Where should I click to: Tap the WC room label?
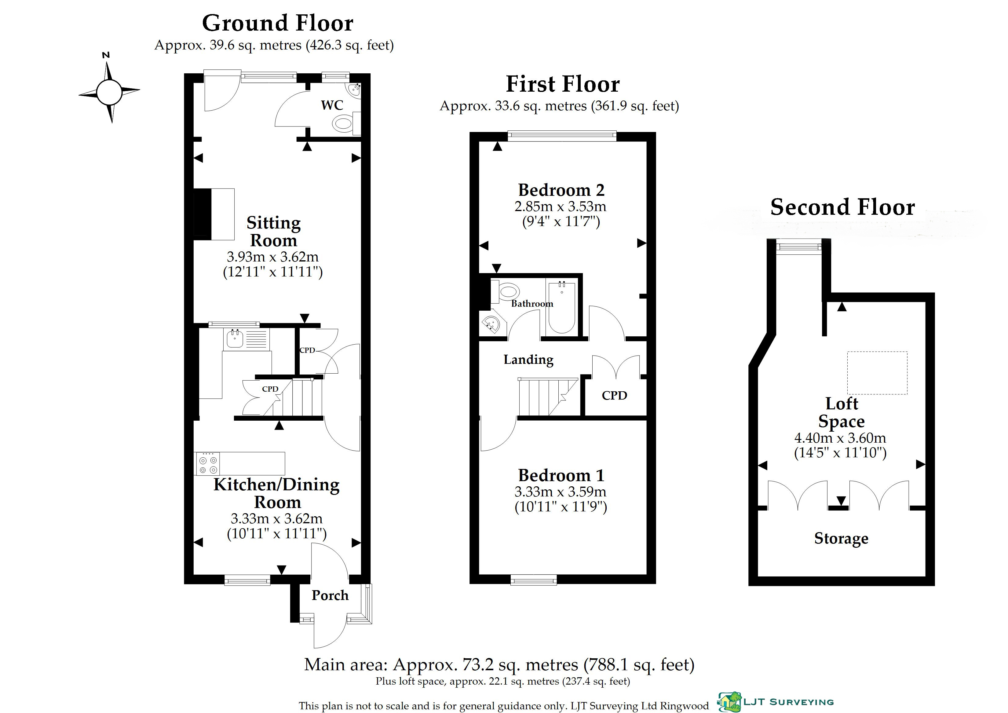[332, 105]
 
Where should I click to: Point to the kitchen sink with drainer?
[246, 339]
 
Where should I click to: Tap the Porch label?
[330, 595]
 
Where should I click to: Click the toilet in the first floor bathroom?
[505, 291]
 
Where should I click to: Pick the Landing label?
[528, 360]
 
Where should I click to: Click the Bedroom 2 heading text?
[561, 190]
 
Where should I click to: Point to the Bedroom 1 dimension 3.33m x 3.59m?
[560, 492]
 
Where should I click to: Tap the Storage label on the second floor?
[841, 538]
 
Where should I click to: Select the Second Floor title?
[842, 207]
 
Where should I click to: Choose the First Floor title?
[563, 84]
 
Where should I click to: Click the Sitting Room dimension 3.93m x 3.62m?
[273, 257]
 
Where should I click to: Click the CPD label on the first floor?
[614, 396]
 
